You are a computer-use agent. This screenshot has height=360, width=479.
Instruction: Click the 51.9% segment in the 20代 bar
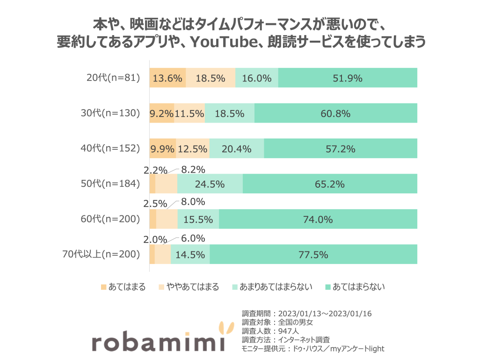[348, 78]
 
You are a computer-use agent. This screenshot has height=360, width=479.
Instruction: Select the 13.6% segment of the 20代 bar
[167, 78]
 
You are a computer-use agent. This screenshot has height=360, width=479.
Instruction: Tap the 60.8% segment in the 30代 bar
[335, 114]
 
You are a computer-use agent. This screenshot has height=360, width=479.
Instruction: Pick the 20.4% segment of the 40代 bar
[237, 149]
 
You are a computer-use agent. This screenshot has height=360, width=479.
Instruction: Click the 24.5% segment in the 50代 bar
[210, 184]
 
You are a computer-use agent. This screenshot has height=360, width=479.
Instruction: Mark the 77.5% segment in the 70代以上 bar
[313, 255]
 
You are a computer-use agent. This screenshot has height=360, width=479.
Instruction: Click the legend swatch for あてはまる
[103, 287]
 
